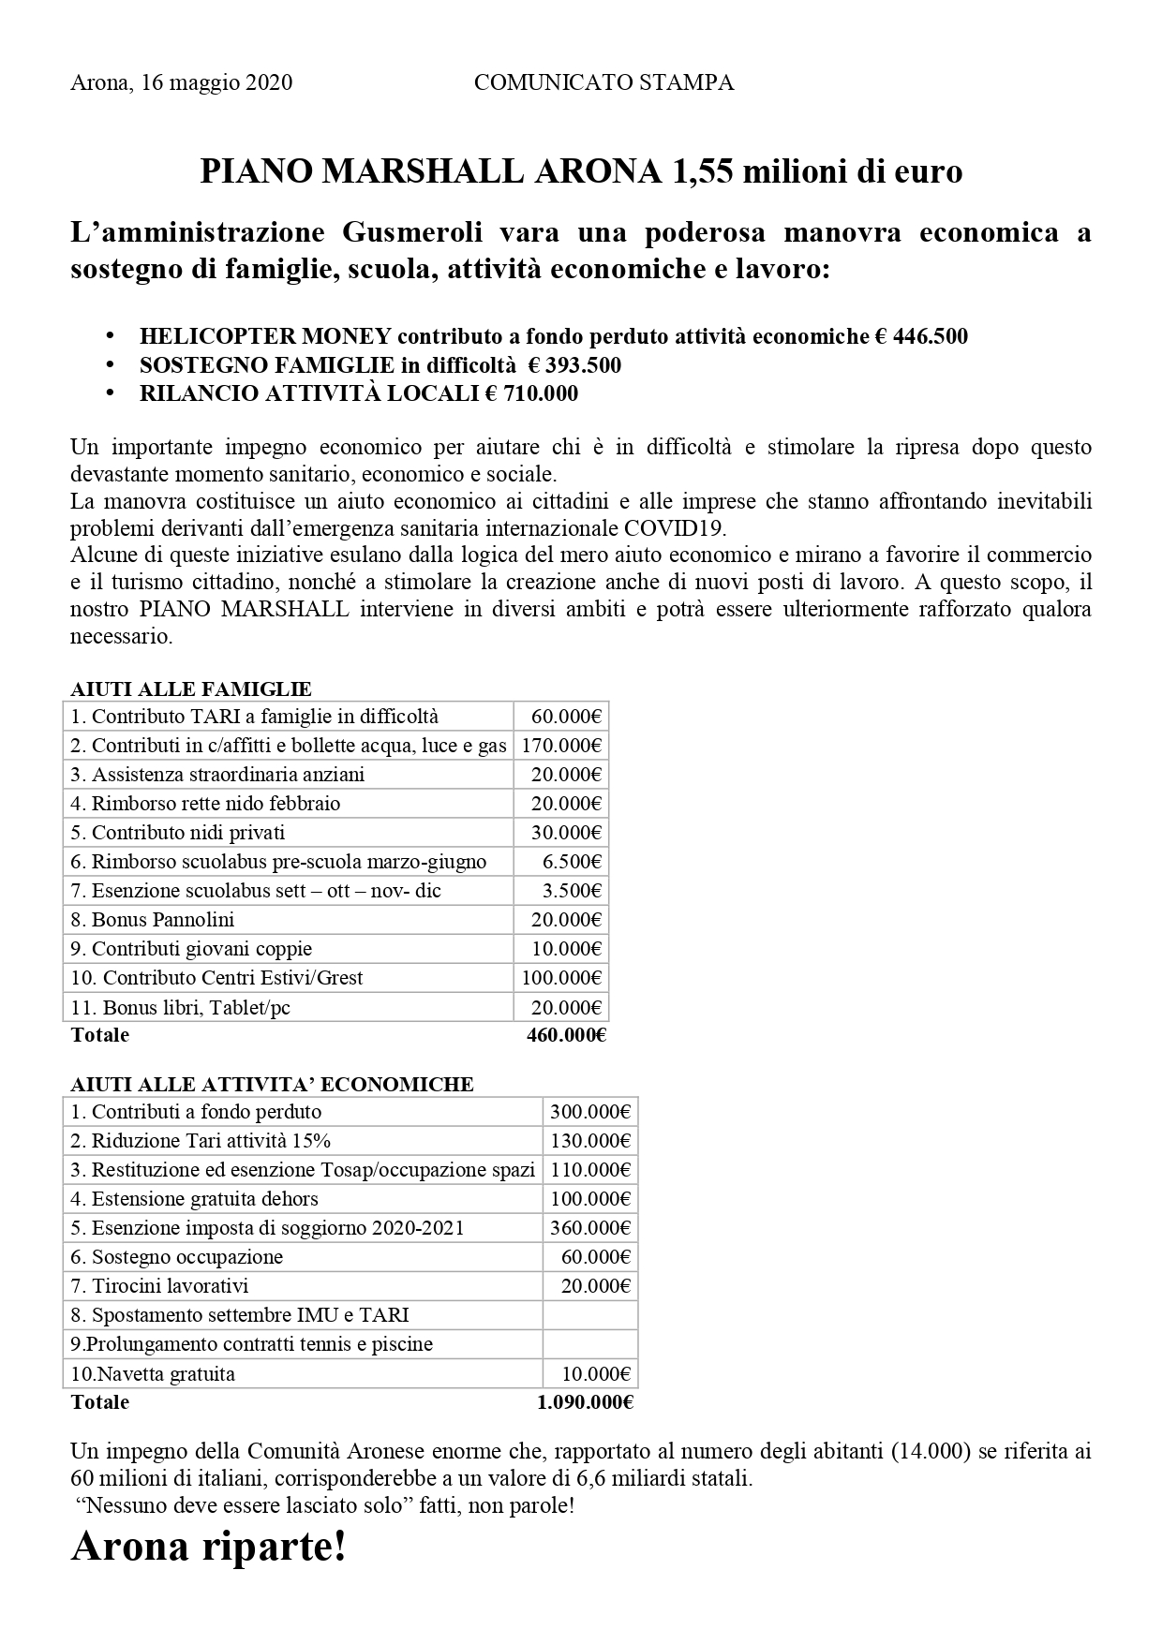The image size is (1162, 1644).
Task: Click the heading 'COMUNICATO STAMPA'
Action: [603, 83]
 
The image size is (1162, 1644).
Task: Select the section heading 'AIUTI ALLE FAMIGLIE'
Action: [190, 689]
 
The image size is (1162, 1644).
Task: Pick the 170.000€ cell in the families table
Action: [561, 746]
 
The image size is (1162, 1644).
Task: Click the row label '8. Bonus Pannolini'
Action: [153, 920]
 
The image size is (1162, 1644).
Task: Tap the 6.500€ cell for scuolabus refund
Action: [572, 862]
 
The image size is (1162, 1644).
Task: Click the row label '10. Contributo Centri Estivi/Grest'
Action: [216, 978]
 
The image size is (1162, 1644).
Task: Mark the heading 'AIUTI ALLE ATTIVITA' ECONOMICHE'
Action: [272, 1085]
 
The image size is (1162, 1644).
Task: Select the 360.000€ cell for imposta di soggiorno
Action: [590, 1228]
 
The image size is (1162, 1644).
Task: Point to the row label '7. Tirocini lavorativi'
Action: [159, 1286]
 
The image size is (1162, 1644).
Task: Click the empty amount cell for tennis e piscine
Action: [590, 1344]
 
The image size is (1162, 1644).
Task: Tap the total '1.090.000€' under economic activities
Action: [586, 1402]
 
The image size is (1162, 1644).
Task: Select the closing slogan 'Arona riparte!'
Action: [209, 1547]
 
